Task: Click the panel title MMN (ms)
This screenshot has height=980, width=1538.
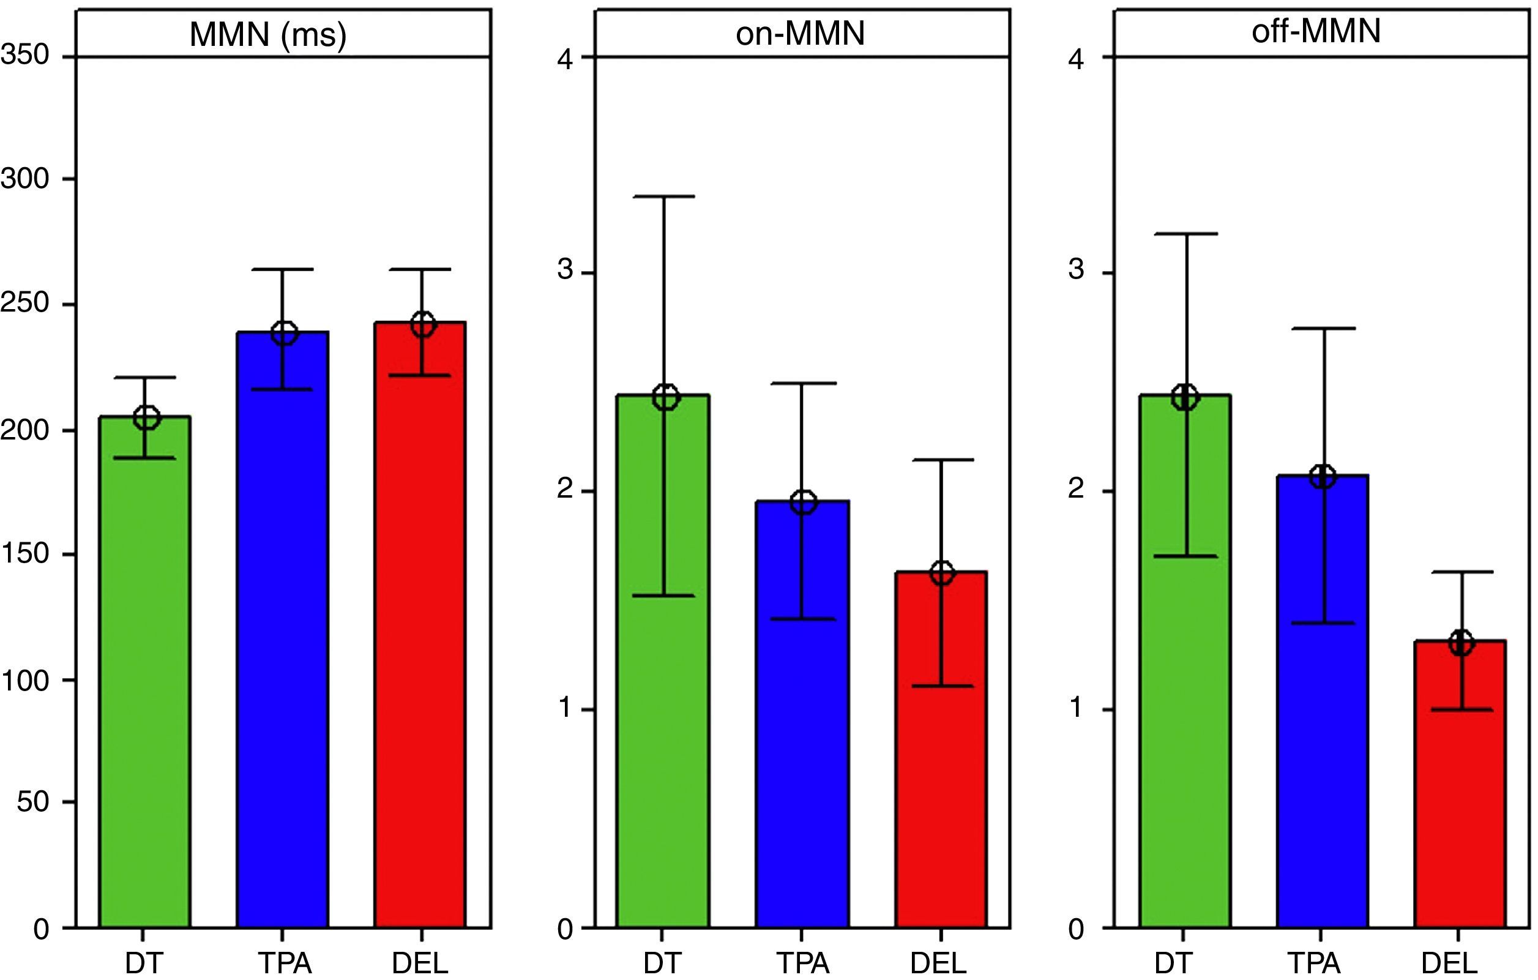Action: (267, 34)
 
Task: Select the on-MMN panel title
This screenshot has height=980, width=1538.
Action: (801, 32)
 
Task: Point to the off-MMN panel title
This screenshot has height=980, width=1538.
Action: (1316, 31)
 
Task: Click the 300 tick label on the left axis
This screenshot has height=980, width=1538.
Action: (26, 179)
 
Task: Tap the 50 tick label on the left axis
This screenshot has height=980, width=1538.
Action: (33, 802)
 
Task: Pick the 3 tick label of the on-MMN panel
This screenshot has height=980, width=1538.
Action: (566, 269)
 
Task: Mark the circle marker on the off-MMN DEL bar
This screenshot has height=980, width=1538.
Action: (1461, 643)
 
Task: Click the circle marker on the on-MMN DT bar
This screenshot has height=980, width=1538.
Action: (666, 397)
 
